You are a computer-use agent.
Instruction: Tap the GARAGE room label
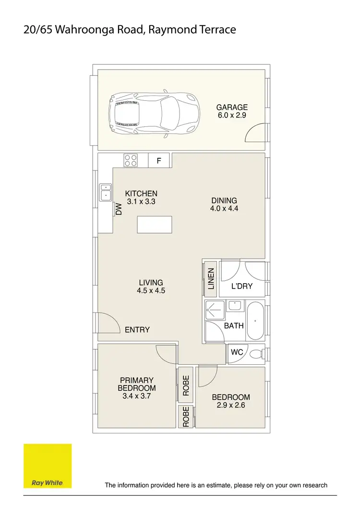(x=232, y=108)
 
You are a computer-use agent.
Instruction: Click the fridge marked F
(x=159, y=161)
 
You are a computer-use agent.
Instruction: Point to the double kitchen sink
(x=105, y=192)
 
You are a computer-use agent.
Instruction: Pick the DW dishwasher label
(x=118, y=209)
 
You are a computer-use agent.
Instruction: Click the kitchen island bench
(x=154, y=224)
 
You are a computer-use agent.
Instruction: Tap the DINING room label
(x=224, y=201)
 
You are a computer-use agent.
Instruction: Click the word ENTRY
(x=137, y=330)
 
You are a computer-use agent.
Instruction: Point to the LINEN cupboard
(x=210, y=279)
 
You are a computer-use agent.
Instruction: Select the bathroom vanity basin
(x=235, y=305)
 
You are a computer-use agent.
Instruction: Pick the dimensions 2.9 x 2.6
(x=231, y=406)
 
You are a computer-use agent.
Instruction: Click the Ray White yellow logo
(x=48, y=466)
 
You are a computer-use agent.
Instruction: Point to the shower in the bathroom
(x=215, y=310)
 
